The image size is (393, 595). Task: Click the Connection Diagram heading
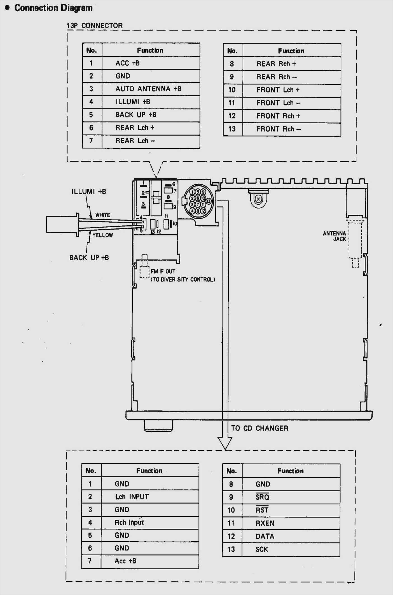[x=53, y=8]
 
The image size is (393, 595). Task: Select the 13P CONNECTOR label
[x=95, y=26]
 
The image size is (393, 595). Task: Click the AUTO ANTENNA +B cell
[x=148, y=89]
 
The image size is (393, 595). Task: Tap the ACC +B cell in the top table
[x=128, y=63]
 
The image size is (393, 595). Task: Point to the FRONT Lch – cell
[x=278, y=103]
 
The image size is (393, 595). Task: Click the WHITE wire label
[x=103, y=215]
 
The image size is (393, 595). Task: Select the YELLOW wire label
[x=103, y=235]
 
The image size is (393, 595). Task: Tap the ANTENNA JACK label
[x=335, y=236]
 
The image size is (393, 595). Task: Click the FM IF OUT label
[x=163, y=271]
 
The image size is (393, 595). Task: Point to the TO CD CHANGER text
[x=259, y=428]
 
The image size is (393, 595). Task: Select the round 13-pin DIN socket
[x=198, y=201]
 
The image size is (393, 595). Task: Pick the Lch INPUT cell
[x=132, y=497]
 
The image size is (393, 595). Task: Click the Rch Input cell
[x=129, y=522]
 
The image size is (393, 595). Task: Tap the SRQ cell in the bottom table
[x=262, y=497]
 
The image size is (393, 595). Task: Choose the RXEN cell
[x=265, y=523]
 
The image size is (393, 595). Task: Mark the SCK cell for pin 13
[x=262, y=549]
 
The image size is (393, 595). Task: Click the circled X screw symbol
[x=258, y=199]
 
